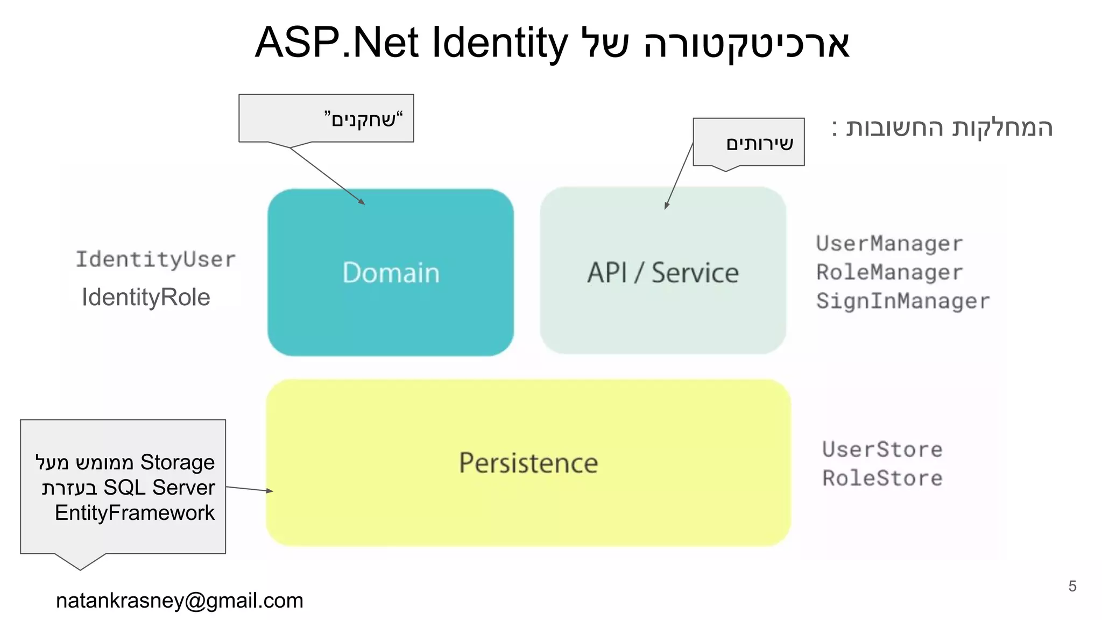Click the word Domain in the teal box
(x=391, y=273)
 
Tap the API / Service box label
(x=662, y=273)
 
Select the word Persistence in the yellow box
(x=528, y=463)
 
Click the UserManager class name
(x=889, y=244)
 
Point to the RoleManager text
(x=889, y=272)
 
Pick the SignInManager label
(x=902, y=301)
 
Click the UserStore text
(x=882, y=449)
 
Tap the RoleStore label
(x=882, y=478)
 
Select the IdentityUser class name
(x=156, y=259)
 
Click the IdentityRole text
(x=146, y=297)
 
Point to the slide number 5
(x=1072, y=586)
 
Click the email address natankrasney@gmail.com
(x=179, y=601)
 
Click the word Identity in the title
(x=499, y=43)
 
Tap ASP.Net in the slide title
(x=336, y=43)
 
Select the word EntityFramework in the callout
(x=135, y=513)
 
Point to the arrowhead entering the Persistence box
(x=270, y=491)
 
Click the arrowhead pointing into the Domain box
(x=362, y=202)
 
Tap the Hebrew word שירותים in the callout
(x=759, y=144)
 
